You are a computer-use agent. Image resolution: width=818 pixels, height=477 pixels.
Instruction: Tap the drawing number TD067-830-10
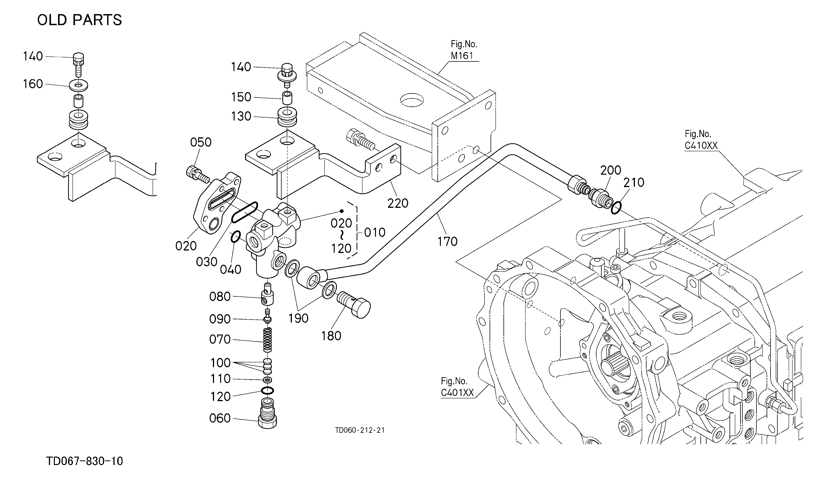point(85,461)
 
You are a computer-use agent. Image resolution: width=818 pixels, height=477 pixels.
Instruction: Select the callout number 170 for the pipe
point(447,241)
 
